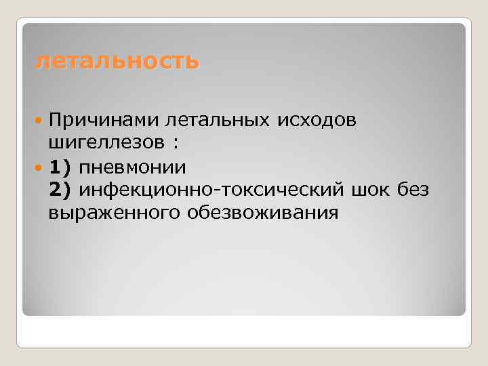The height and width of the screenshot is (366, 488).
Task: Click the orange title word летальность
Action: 117,62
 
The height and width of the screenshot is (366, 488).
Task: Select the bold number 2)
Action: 59,190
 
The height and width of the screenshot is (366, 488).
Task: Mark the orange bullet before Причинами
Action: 38,121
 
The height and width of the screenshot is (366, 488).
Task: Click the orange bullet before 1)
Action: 38,167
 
